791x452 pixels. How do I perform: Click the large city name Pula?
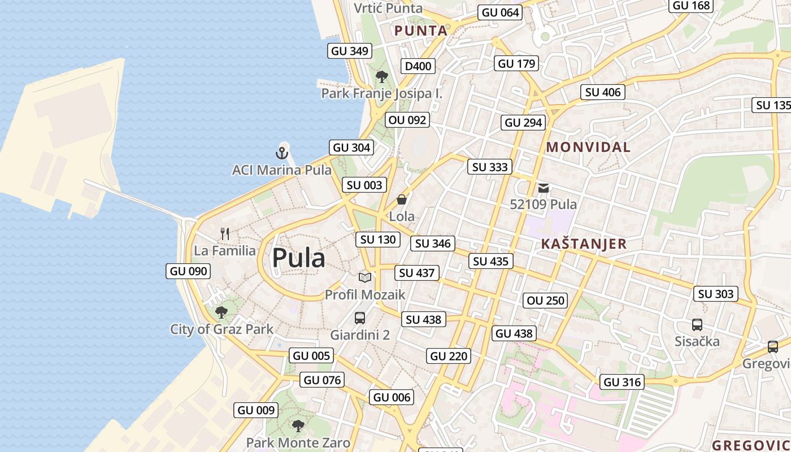pyautogui.click(x=298, y=258)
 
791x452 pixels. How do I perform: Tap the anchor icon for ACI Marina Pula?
pyautogui.click(x=281, y=153)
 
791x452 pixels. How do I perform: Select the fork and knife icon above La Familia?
pyautogui.click(x=225, y=233)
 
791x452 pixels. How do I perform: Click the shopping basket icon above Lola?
pyautogui.click(x=402, y=199)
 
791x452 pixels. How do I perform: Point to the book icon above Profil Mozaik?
pyautogui.click(x=365, y=277)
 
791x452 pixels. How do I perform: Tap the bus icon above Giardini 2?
pyautogui.click(x=360, y=318)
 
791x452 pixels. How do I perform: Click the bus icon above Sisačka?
pyautogui.click(x=697, y=325)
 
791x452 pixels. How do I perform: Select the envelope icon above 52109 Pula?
pyautogui.click(x=544, y=188)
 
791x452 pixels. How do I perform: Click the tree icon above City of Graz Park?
pyautogui.click(x=221, y=312)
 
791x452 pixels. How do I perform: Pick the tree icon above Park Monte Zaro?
pyautogui.click(x=298, y=426)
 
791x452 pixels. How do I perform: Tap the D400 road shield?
pyautogui.click(x=418, y=66)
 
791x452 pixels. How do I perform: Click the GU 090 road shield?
pyautogui.click(x=189, y=271)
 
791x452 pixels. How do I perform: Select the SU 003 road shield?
pyautogui.click(x=364, y=185)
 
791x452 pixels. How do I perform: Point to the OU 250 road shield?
pyautogui.click(x=546, y=301)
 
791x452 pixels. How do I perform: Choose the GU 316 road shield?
pyautogui.click(x=622, y=382)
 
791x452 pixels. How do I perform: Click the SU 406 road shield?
pyautogui.click(x=603, y=92)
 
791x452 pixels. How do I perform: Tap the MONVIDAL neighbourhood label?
pyautogui.click(x=588, y=147)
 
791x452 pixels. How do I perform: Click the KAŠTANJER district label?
pyautogui.click(x=584, y=244)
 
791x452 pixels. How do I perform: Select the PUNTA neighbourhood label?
pyautogui.click(x=421, y=31)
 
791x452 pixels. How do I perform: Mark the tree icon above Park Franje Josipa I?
pyautogui.click(x=382, y=77)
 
